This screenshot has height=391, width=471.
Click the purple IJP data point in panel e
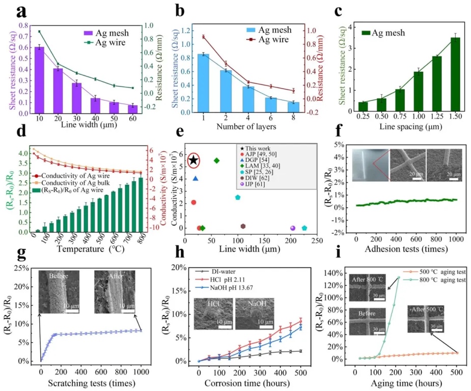tap(292, 228)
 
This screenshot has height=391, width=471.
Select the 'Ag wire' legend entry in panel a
tap(110, 43)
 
